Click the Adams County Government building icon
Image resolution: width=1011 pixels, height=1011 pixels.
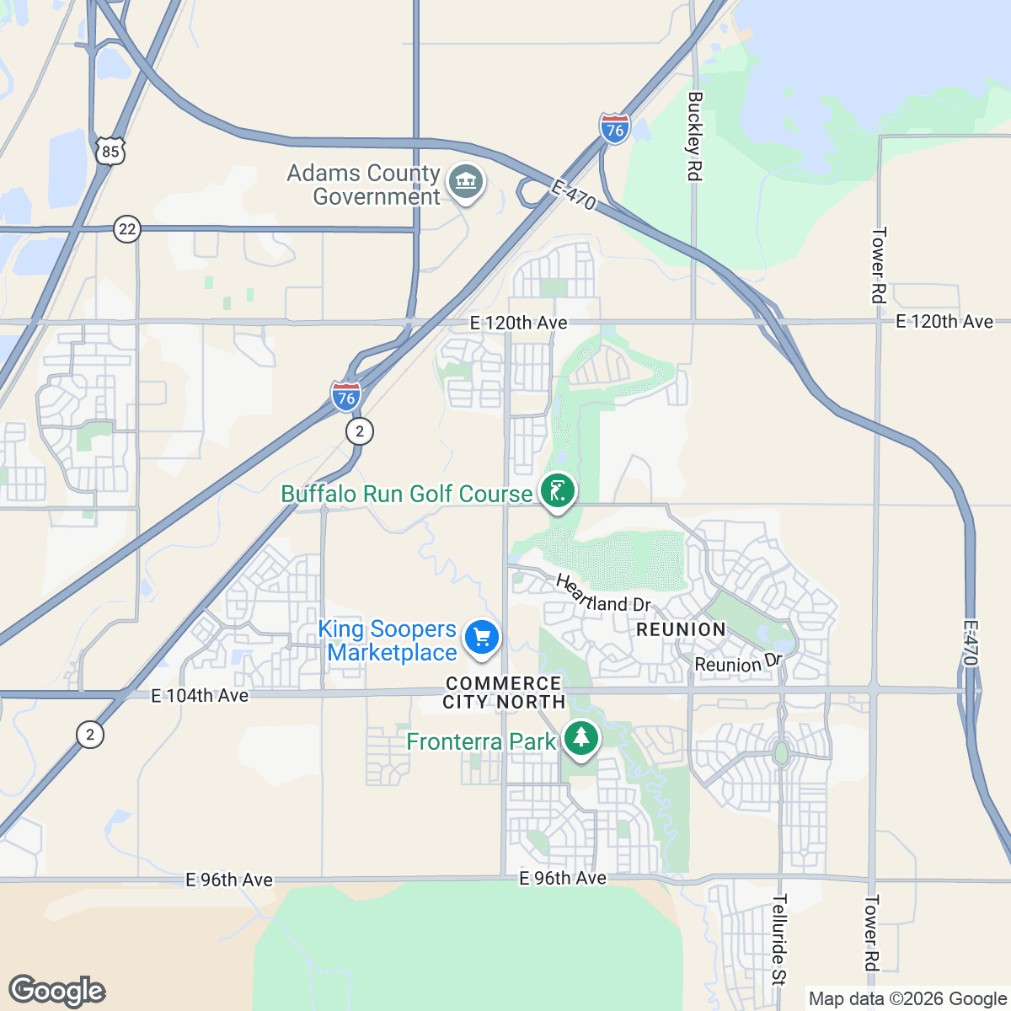pyautogui.click(x=465, y=182)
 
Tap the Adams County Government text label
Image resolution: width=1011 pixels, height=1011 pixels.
pyautogui.click(x=364, y=185)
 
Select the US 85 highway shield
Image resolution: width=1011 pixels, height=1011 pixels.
pyautogui.click(x=110, y=150)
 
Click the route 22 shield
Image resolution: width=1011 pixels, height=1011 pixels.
pyautogui.click(x=126, y=229)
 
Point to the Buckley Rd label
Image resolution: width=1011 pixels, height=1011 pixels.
pyautogui.click(x=694, y=136)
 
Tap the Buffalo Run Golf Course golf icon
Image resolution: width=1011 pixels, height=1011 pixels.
pyautogui.click(x=557, y=491)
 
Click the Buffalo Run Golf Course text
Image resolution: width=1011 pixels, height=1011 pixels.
pyautogui.click(x=406, y=494)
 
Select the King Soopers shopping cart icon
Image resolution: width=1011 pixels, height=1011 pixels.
pyautogui.click(x=482, y=637)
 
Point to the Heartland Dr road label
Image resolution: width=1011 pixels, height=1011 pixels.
pyautogui.click(x=603, y=594)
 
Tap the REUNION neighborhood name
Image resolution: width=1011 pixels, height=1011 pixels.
pyautogui.click(x=681, y=629)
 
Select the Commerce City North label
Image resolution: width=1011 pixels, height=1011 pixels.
pyautogui.click(x=504, y=693)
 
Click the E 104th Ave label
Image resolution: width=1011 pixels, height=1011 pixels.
pyautogui.click(x=200, y=695)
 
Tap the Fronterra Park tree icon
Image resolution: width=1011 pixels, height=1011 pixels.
pyautogui.click(x=580, y=739)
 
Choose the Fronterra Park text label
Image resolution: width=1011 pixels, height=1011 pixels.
pyautogui.click(x=480, y=741)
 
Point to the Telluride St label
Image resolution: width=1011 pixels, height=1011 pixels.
pyautogui.click(x=778, y=939)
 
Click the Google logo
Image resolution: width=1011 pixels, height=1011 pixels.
pyautogui.click(x=57, y=991)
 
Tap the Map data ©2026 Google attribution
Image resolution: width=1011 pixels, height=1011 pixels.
pyautogui.click(x=907, y=999)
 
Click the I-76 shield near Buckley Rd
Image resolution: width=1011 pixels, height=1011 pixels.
pyautogui.click(x=615, y=129)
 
